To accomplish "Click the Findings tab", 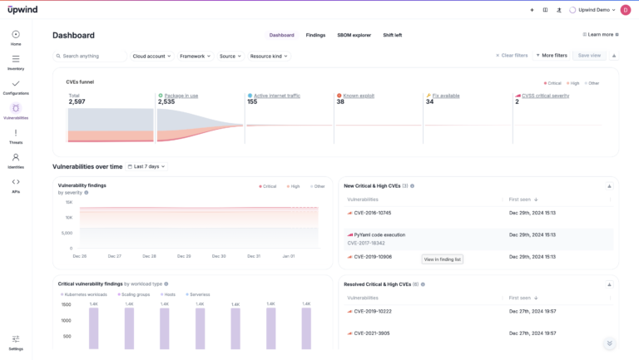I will (x=315, y=35).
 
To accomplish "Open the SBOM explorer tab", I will (x=354, y=35).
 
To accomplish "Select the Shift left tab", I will (x=392, y=35).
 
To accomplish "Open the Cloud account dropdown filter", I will (x=151, y=56).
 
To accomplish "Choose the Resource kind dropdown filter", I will (x=269, y=56).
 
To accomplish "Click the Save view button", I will (x=589, y=56).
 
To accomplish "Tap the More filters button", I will (x=552, y=56).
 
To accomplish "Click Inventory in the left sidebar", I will (x=16, y=62).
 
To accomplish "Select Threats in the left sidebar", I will (x=16, y=136).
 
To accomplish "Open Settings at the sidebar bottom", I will (x=16, y=342).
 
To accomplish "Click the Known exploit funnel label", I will (x=358, y=96).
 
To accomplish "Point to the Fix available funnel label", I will (x=447, y=96).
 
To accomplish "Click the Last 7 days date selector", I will (x=146, y=166).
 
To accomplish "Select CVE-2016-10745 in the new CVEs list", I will (x=372, y=213).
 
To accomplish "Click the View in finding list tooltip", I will (x=443, y=259).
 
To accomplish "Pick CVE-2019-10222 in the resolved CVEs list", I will (x=372, y=311).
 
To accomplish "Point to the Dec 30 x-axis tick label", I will (x=220, y=256).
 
